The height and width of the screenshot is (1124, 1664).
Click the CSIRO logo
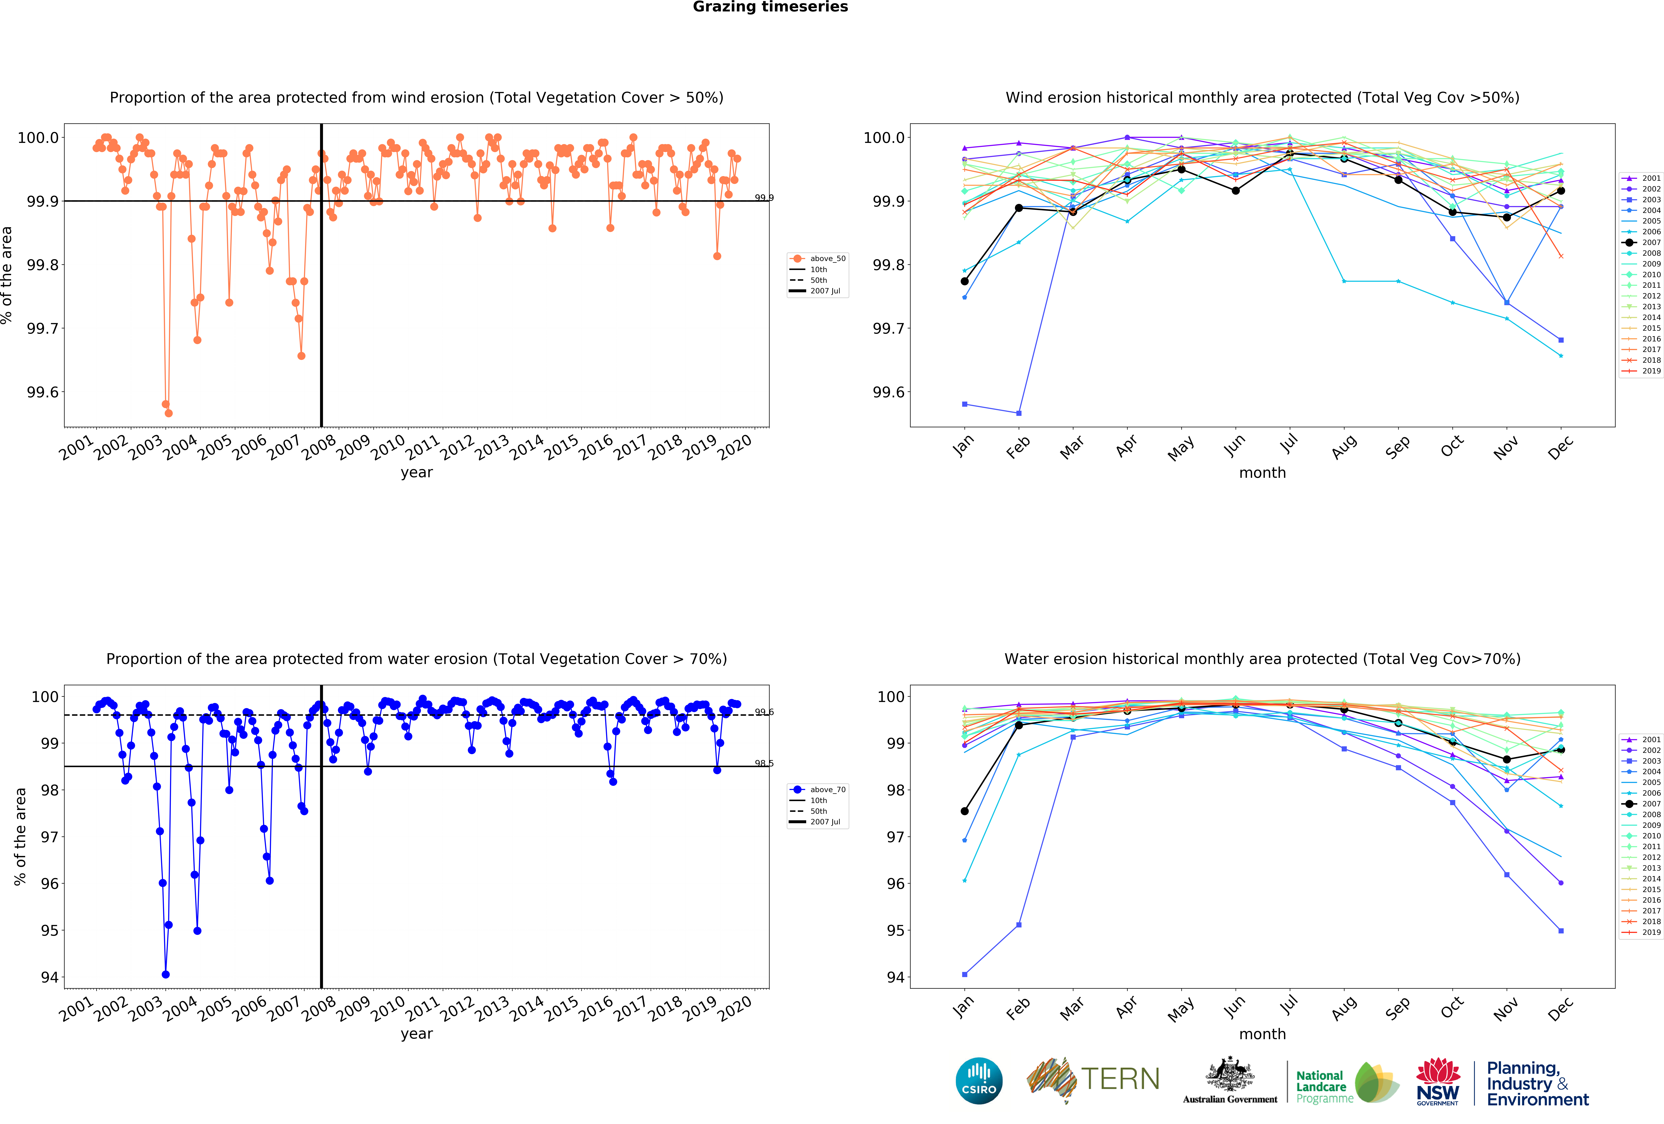pyautogui.click(x=979, y=1080)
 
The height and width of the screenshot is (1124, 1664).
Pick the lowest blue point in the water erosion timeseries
pyautogui.click(x=165, y=974)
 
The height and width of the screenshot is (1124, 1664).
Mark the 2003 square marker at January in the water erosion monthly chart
pyautogui.click(x=964, y=974)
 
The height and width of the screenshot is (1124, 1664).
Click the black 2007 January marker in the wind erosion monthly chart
pyautogui.click(x=964, y=281)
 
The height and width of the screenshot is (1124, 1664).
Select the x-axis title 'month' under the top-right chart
pyautogui.click(x=1262, y=473)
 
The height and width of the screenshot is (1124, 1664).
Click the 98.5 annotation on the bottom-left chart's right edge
pyautogui.click(x=764, y=763)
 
